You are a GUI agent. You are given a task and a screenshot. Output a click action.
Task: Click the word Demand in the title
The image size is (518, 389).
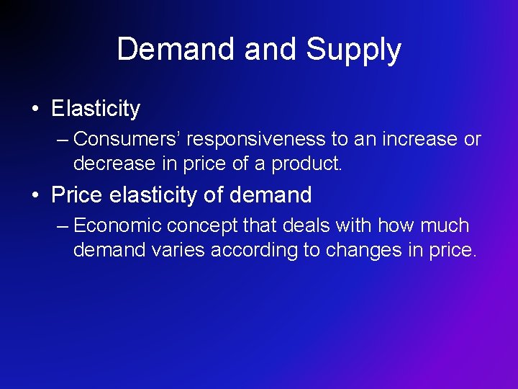[x=177, y=50]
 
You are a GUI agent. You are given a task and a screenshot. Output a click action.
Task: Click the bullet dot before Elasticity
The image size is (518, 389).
[x=35, y=109]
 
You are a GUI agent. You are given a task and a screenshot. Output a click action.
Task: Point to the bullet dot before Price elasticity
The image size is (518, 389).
[x=35, y=194]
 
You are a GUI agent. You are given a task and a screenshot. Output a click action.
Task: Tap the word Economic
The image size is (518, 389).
[x=117, y=226]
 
